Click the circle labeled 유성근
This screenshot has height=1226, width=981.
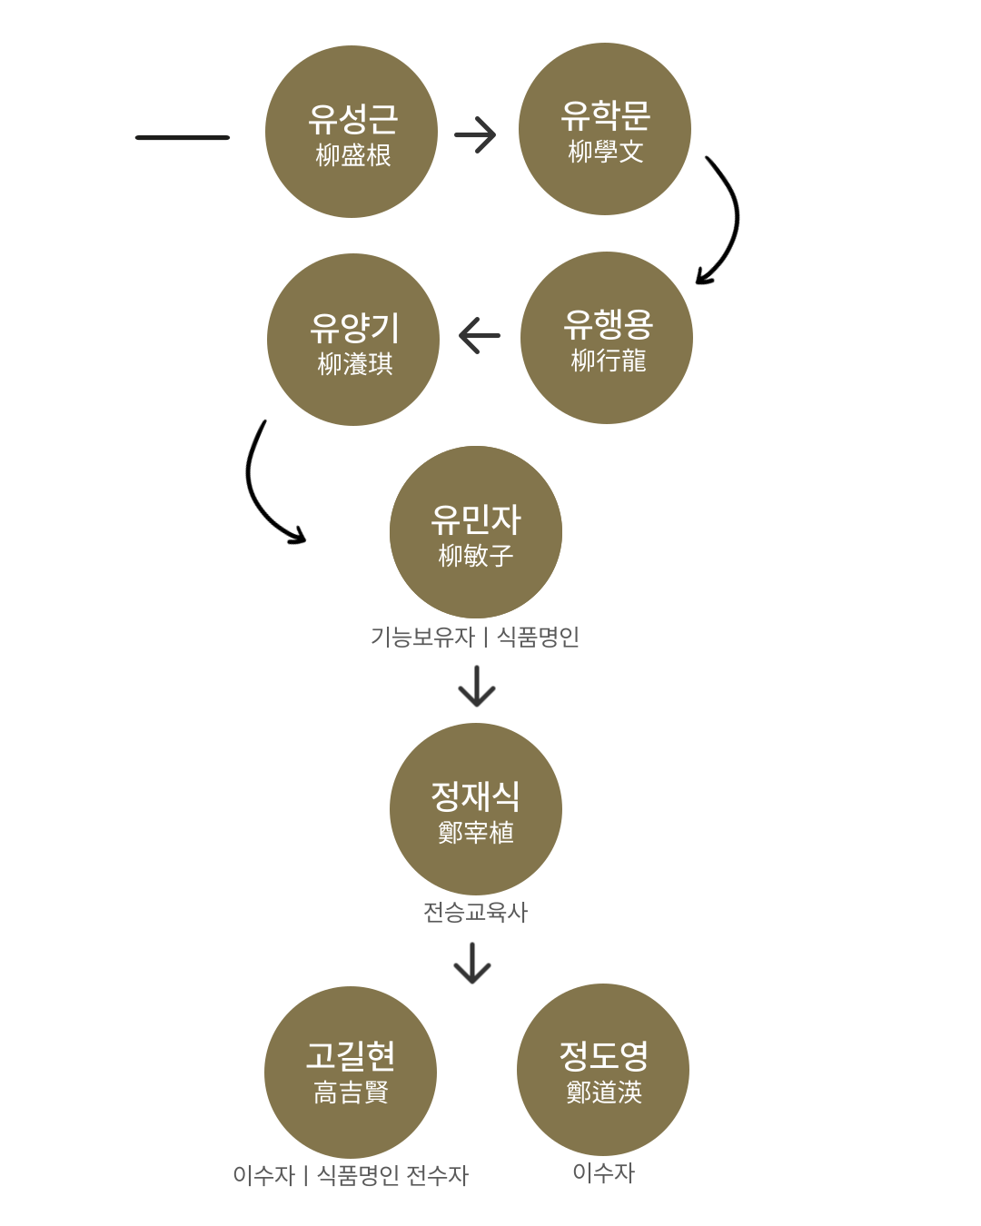point(352,132)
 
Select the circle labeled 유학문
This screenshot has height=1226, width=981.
point(605,129)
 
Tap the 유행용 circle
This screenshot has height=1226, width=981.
point(607,338)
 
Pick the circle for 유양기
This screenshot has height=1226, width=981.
point(353,340)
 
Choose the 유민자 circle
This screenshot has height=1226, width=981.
point(476,532)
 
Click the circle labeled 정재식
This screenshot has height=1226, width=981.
point(476,809)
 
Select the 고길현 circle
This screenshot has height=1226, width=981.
point(351,1073)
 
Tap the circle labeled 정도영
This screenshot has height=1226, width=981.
point(603,1070)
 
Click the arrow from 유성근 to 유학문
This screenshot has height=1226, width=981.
point(476,135)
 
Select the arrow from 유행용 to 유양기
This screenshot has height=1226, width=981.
point(480,335)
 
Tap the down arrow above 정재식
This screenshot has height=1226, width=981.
point(477,687)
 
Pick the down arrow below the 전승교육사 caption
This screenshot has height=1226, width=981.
point(472,964)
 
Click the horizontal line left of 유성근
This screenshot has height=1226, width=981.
point(183,137)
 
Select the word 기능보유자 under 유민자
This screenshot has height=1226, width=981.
point(422,638)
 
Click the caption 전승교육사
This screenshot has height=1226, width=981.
point(476,912)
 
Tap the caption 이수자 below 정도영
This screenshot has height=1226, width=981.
point(603,1172)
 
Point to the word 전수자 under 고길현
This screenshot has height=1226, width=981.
point(437,1175)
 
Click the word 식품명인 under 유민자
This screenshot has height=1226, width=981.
point(538,638)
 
